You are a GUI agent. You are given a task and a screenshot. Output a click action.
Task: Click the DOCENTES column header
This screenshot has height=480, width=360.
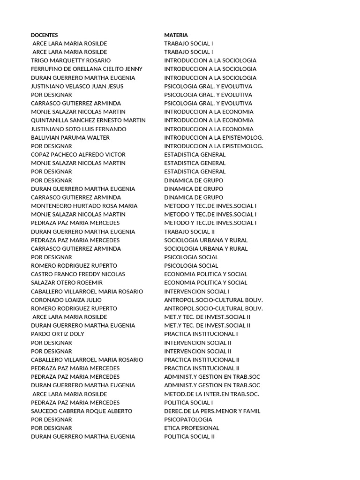click(45, 35)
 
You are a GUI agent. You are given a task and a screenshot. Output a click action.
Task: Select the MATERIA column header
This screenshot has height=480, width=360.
click(176, 35)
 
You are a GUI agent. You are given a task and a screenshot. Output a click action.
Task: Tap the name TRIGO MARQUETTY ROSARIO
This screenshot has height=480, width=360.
click(71, 60)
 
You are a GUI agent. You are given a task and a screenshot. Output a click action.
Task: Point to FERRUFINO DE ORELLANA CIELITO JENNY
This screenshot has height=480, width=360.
click(87, 69)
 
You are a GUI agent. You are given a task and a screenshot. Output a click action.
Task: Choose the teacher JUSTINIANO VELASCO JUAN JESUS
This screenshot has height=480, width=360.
click(77, 86)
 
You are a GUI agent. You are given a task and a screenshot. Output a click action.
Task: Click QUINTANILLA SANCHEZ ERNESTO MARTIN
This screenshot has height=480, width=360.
click(88, 120)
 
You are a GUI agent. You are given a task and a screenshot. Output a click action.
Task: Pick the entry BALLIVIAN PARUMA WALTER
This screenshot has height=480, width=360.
click(70, 137)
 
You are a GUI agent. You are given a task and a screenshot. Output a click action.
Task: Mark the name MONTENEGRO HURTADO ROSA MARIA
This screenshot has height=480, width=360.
click(84, 206)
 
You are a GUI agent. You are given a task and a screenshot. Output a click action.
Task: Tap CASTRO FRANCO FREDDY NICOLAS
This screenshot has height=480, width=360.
click(78, 274)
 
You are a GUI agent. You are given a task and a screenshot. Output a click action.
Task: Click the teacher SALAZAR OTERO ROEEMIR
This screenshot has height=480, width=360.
click(67, 283)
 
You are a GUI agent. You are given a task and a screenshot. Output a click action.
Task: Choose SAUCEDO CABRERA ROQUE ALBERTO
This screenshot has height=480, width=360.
click(82, 411)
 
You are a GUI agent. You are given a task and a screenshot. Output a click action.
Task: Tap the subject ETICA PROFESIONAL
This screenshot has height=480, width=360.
click(192, 428)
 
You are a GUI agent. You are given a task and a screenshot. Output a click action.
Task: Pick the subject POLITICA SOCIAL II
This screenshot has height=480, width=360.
click(189, 436)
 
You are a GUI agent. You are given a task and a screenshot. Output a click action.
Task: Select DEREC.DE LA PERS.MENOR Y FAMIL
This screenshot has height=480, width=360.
click(212, 411)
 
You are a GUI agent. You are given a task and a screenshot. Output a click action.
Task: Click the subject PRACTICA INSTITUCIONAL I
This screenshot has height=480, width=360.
click(201, 334)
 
